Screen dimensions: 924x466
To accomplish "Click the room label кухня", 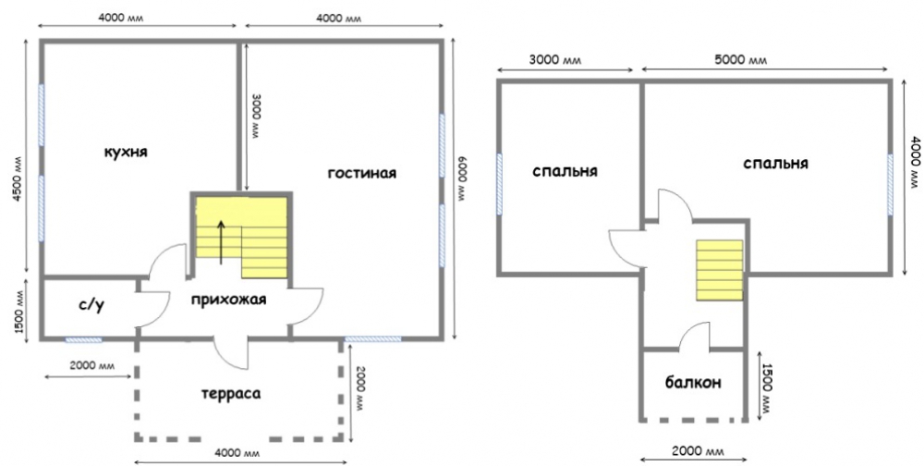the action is pyautogui.click(x=126, y=153).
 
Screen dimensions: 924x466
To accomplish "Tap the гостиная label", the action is pyautogui.click(x=362, y=173).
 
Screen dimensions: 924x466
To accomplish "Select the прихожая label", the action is pyautogui.click(x=228, y=300).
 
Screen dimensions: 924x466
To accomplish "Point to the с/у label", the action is pyautogui.click(x=91, y=305).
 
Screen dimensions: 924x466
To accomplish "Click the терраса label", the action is pyautogui.click(x=231, y=394).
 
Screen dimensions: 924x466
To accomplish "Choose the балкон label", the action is pyautogui.click(x=693, y=383).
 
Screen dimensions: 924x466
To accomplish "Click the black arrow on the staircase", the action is pyautogui.click(x=221, y=242).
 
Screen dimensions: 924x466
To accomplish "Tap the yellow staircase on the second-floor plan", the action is pyautogui.click(x=719, y=270).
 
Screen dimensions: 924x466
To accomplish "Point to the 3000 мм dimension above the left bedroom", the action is pyautogui.click(x=554, y=60).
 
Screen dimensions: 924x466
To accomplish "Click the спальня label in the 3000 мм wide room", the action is pyautogui.click(x=565, y=171).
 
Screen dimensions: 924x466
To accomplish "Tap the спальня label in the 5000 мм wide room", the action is pyautogui.click(x=775, y=164).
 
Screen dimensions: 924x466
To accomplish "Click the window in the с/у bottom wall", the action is pyautogui.click(x=83, y=339).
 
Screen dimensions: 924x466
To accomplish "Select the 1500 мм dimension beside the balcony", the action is pyautogui.click(x=767, y=386).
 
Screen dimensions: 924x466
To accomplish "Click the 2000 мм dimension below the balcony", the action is pyautogui.click(x=697, y=451).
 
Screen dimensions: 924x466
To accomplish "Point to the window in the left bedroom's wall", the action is pyautogui.click(x=500, y=184).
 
